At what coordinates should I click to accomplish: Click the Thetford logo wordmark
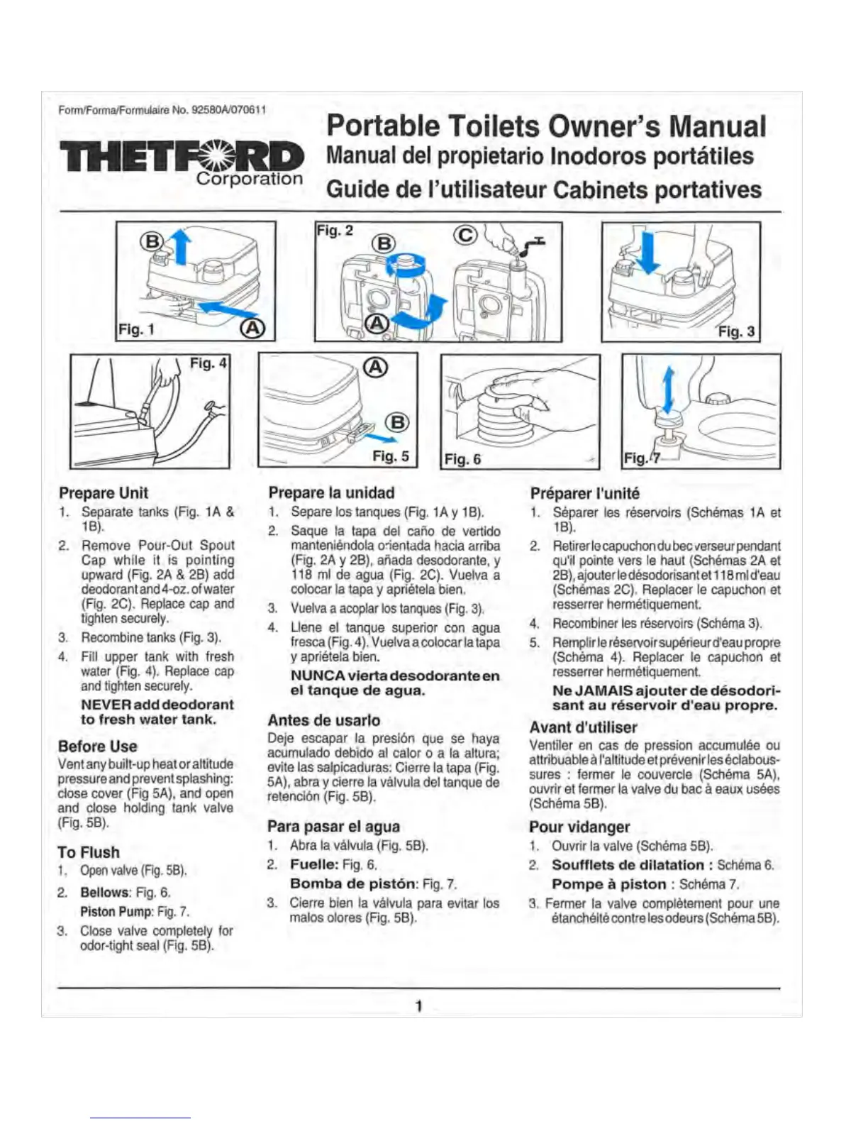pyautogui.click(x=182, y=156)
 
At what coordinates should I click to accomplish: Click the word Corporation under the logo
pyautogui.click(x=249, y=179)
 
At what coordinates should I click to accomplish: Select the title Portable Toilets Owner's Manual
pyautogui.click(x=546, y=126)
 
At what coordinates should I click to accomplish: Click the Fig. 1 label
pyautogui.click(x=136, y=329)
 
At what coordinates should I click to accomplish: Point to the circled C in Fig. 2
pyautogui.click(x=465, y=235)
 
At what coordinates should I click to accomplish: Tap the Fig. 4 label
pyautogui.click(x=208, y=363)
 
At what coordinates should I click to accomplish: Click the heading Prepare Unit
pyautogui.click(x=104, y=493)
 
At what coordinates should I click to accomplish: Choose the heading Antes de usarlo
pyautogui.click(x=323, y=720)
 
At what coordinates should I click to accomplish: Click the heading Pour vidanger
pyautogui.click(x=579, y=827)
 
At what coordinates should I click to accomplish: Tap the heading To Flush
pyautogui.click(x=89, y=852)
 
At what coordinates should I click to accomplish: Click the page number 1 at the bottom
pyautogui.click(x=419, y=1005)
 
